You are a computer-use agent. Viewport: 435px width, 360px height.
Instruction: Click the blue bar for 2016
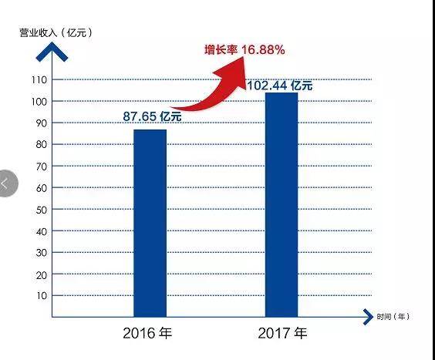click(150, 223)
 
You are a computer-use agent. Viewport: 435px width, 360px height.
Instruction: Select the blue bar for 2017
click(281, 204)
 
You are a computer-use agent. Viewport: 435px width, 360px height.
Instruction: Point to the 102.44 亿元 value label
click(279, 86)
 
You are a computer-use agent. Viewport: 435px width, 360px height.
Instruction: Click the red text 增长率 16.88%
click(244, 50)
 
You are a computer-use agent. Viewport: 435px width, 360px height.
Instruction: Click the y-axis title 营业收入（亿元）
click(56, 32)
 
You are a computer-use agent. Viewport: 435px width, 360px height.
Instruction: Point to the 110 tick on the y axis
click(39, 79)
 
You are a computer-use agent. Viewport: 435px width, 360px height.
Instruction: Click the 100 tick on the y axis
click(39, 101)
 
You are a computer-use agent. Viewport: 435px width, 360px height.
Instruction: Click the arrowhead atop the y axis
click(52, 51)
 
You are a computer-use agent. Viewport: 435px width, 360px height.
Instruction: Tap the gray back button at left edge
click(6, 183)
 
